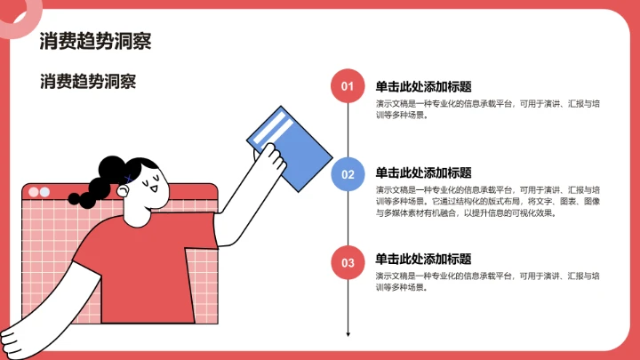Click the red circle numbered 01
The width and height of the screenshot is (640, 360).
coord(348,86)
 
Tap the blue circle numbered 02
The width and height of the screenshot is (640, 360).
coord(348,173)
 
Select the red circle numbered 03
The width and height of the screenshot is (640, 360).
coord(348,262)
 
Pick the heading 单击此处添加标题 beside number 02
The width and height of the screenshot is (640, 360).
coord(423,172)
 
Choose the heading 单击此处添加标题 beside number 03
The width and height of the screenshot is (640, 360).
coord(423,259)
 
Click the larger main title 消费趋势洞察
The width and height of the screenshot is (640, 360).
coord(96,41)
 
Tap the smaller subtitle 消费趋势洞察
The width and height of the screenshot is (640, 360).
coord(88,82)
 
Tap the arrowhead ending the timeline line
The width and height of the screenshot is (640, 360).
coord(348,334)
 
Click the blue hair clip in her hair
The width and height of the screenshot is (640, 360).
coord(130,178)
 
